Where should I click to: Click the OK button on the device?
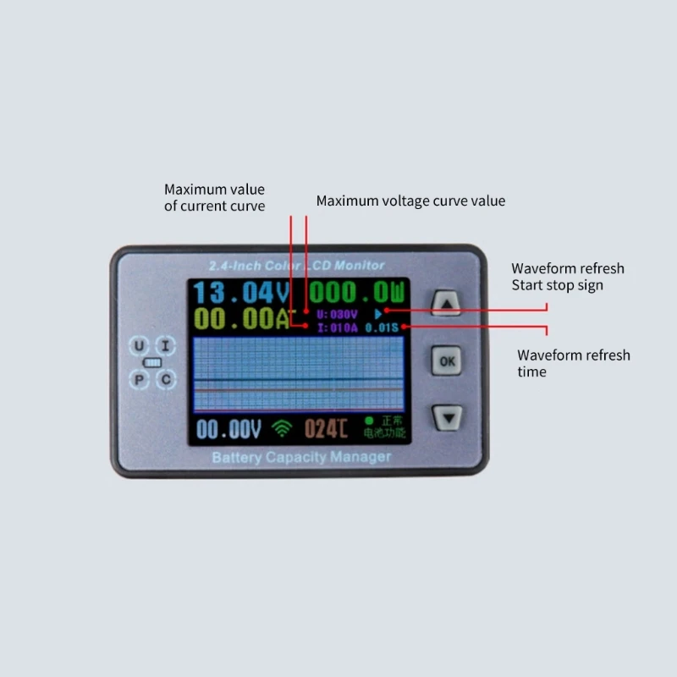point(448,361)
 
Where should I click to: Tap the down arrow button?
point(448,416)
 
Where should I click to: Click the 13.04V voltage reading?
point(241,294)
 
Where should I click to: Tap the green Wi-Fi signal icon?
point(280,430)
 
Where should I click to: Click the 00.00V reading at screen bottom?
point(228,429)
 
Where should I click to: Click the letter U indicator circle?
point(140,345)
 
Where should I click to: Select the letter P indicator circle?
point(140,378)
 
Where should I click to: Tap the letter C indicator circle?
point(167,378)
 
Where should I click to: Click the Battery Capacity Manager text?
point(301,458)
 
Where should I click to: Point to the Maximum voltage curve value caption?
point(410,201)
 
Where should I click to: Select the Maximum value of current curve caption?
point(214,197)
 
